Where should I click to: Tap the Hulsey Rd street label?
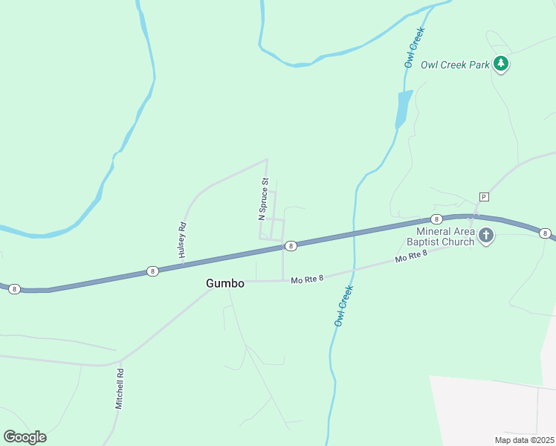(181, 240)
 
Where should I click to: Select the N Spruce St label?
(262, 199)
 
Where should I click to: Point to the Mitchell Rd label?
(119, 390)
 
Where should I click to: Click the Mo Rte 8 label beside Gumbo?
(308, 280)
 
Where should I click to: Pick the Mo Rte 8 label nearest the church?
(412, 257)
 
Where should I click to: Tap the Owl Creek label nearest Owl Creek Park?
(414, 48)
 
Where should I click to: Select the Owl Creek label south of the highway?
(342, 307)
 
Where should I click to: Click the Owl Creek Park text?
(455, 65)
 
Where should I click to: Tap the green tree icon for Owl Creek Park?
(502, 64)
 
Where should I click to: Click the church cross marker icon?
(486, 236)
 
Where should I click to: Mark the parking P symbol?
(484, 197)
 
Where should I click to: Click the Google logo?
(25, 437)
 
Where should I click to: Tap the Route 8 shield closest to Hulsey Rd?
(152, 271)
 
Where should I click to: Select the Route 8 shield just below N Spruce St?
(291, 245)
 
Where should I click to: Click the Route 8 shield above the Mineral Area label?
(436, 219)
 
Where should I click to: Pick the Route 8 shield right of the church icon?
(546, 233)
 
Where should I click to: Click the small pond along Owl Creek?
(404, 109)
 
